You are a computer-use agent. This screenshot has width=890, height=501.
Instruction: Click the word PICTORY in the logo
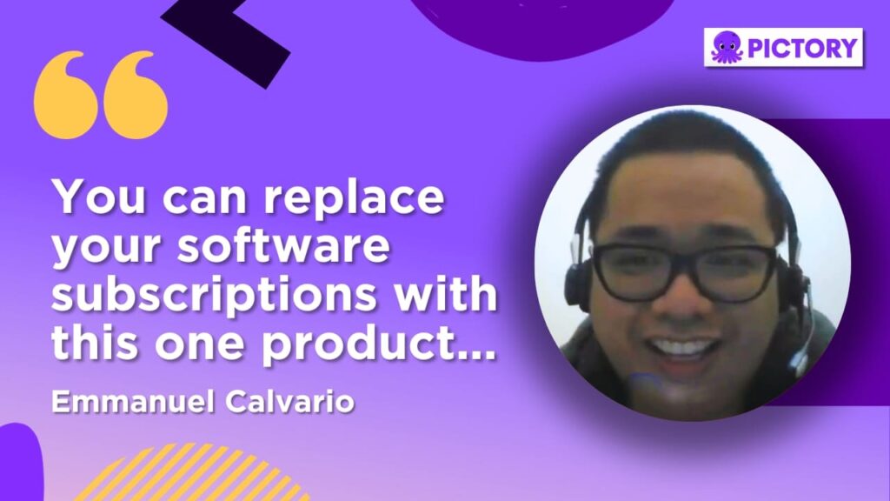pyautogui.click(x=802, y=48)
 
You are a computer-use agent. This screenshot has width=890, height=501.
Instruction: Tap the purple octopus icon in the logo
pyautogui.click(x=727, y=47)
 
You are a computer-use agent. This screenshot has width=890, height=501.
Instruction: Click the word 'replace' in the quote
pyautogui.click(x=354, y=198)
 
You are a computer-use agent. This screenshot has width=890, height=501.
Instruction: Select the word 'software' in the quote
pyautogui.click(x=284, y=246)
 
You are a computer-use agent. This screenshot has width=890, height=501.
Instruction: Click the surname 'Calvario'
pyautogui.click(x=289, y=402)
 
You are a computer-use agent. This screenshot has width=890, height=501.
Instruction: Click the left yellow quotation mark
pyautogui.click(x=66, y=96)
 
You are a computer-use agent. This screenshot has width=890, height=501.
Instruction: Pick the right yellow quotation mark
pyautogui.click(x=136, y=96)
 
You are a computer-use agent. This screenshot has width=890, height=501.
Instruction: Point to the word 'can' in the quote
pyautogui.click(x=205, y=199)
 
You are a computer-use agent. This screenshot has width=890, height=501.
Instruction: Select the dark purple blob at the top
pyautogui.click(x=542, y=25)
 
